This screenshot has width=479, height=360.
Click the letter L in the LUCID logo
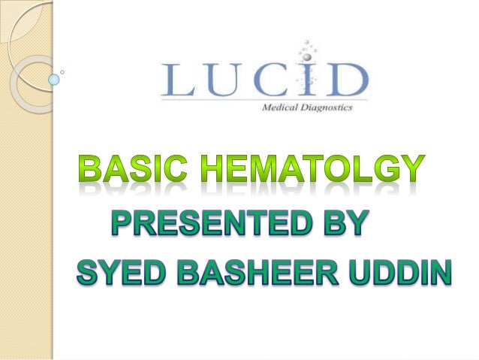[180, 80]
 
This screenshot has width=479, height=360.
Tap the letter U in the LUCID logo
[224, 80]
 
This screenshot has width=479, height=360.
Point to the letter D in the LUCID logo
[345, 80]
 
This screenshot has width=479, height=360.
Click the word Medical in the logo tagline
[282, 107]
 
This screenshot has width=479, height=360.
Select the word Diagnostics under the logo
[327, 107]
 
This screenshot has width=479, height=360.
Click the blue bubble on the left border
[53, 78]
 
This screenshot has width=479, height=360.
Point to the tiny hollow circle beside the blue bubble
[62, 72]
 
